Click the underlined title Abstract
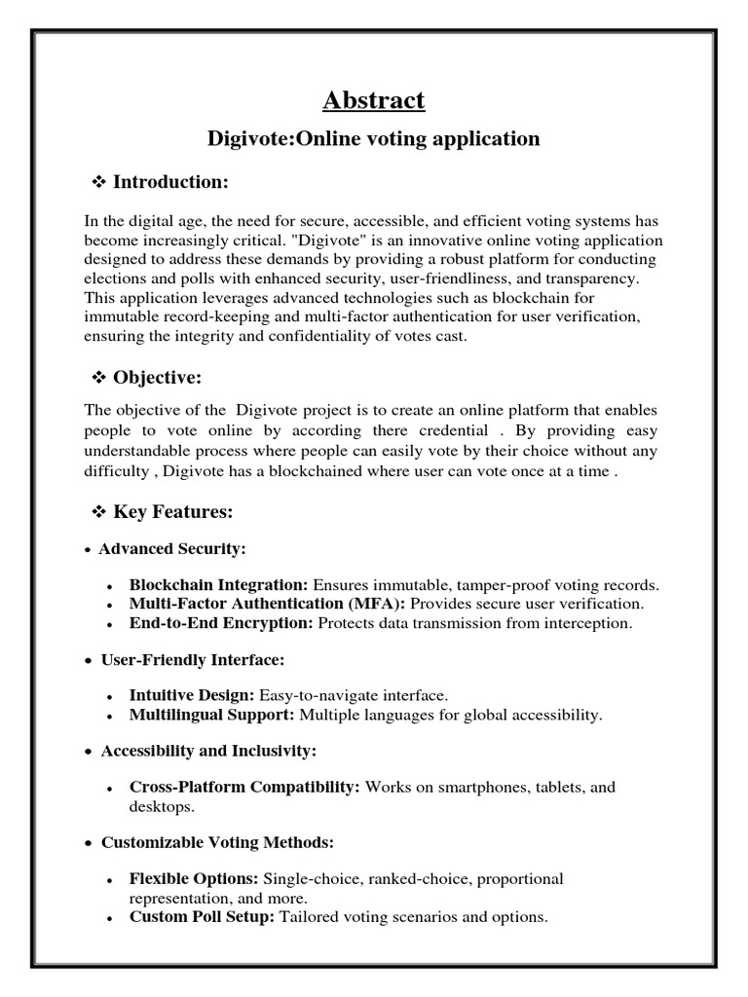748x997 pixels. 374,100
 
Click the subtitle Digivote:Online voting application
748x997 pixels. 374,138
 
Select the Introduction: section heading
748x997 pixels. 170,182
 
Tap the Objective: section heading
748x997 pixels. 157,378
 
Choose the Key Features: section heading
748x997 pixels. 173,511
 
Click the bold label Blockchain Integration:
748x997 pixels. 218,585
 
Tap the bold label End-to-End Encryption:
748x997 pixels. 221,623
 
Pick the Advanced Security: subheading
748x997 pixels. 172,549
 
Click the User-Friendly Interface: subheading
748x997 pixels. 193,660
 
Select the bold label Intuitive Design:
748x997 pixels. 192,696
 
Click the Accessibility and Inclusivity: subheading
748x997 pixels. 209,752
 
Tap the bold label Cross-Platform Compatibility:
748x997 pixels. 244,787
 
